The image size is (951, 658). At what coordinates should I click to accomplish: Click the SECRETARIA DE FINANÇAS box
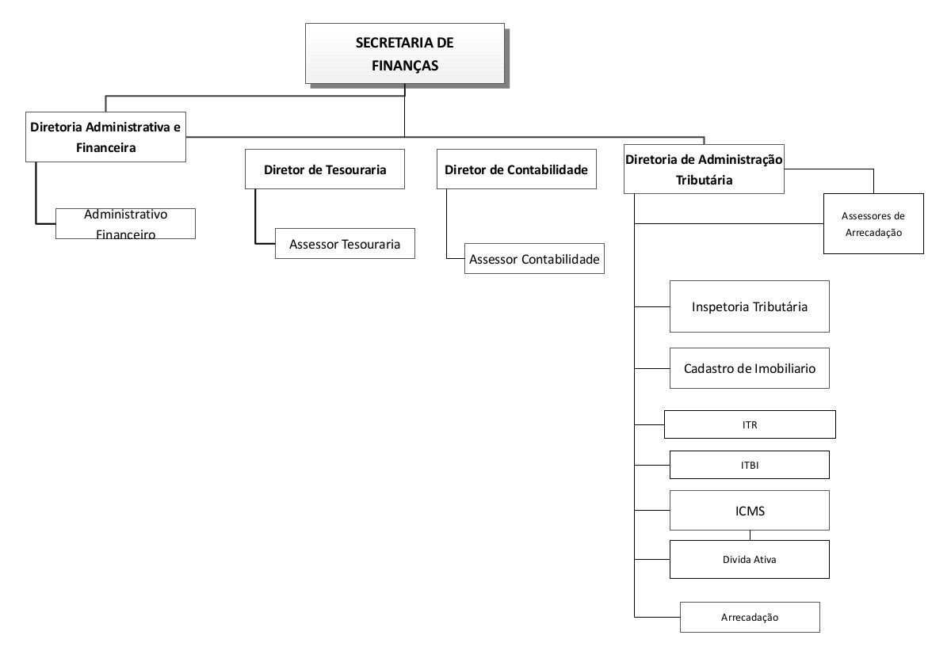point(405,54)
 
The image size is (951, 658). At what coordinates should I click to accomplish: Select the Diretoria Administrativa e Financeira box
point(105,137)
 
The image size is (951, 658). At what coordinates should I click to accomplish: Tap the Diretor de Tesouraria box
point(325,169)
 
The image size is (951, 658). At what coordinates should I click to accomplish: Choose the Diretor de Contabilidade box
point(516,169)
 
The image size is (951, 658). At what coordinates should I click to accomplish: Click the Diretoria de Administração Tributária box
point(704,169)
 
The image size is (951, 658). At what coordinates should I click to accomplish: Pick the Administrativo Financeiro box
point(126,223)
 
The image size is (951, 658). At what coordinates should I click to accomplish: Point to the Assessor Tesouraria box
point(345,244)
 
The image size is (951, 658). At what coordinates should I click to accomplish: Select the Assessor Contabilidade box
point(534,258)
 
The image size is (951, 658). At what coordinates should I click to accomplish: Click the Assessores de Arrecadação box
point(873,223)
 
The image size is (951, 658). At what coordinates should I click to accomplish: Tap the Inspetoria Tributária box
point(750,306)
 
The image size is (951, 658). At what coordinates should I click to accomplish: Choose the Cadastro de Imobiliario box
point(750,368)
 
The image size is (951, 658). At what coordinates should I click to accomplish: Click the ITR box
point(750,424)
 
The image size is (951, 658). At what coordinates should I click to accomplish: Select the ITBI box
point(750,465)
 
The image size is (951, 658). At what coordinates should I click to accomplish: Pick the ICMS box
point(750,511)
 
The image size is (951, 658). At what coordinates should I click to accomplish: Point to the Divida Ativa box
point(750,559)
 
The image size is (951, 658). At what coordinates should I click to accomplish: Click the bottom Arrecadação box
point(750,618)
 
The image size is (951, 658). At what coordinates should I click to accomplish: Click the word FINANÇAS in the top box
point(405,66)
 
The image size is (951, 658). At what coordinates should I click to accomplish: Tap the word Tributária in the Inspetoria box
point(781,306)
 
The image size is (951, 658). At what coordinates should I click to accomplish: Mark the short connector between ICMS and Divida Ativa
point(750,535)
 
